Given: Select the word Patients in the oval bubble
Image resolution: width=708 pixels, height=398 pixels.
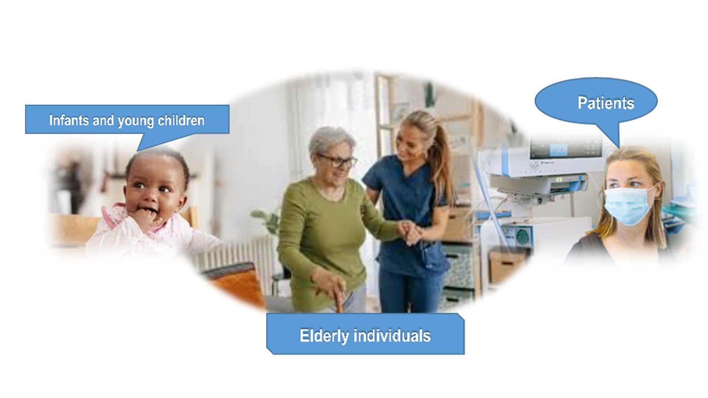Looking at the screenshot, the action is click(x=606, y=103).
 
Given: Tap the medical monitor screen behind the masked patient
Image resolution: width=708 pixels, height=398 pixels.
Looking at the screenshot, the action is click(x=566, y=149).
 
